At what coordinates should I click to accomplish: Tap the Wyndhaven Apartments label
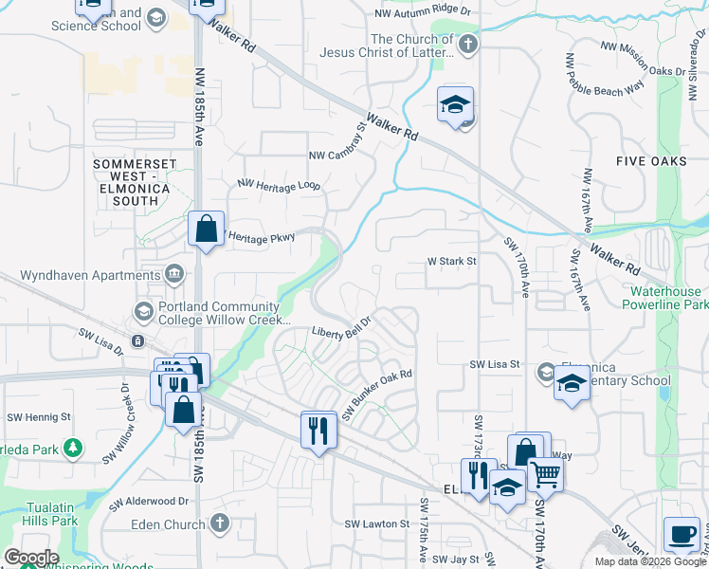(x=79, y=275)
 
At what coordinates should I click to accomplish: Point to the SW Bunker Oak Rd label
(x=377, y=395)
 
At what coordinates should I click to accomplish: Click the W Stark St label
(x=451, y=260)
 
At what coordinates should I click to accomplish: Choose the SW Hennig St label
(x=39, y=417)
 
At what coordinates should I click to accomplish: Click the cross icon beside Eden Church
(x=219, y=523)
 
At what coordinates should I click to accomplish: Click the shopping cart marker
(x=544, y=473)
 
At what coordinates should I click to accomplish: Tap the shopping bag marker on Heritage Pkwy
(x=206, y=229)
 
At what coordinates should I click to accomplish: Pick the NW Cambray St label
(x=337, y=141)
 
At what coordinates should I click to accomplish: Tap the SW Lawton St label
(x=376, y=523)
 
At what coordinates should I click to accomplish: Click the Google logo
(x=31, y=558)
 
